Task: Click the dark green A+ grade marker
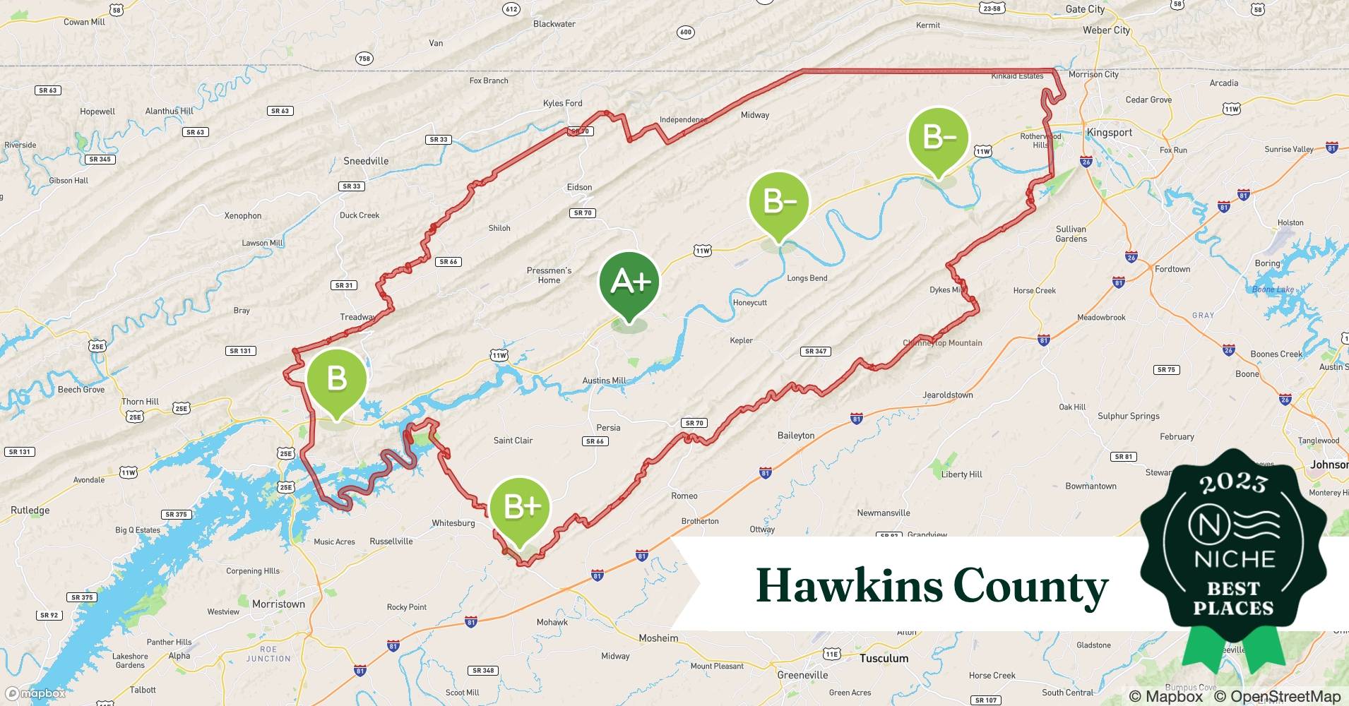click(629, 282)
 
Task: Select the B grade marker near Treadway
click(337, 379)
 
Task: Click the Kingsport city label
click(1109, 133)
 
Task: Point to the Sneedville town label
click(366, 161)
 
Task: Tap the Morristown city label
click(278, 604)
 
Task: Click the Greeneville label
click(802, 675)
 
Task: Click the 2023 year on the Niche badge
click(1233, 483)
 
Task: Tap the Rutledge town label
click(30, 510)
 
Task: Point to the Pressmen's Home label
click(549, 275)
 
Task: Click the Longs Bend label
click(807, 278)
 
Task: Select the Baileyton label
click(796, 436)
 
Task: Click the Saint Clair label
click(513, 441)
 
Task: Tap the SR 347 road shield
click(816, 351)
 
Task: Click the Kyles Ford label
click(563, 103)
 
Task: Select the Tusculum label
click(884, 658)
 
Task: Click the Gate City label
click(1085, 9)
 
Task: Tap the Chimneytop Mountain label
click(942, 343)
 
